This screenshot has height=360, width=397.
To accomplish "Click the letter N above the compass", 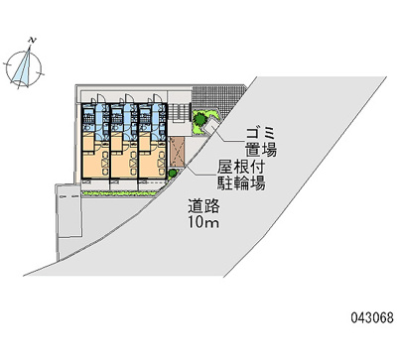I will (x=32, y=40).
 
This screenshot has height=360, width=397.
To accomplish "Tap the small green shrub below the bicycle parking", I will (x=174, y=175).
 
